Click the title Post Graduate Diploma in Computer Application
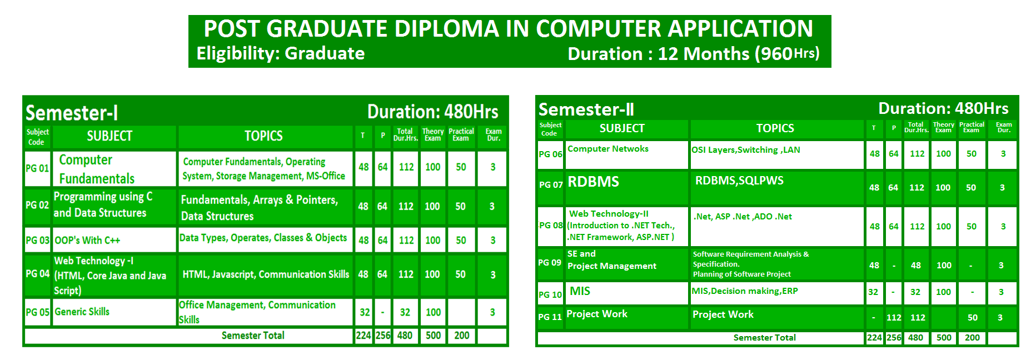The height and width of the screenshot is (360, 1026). pyautogui.click(x=509, y=28)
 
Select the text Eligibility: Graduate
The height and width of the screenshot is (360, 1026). pyautogui.click(x=281, y=53)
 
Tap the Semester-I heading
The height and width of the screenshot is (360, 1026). pyautogui.click(x=72, y=113)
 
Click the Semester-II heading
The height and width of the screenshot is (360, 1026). pyautogui.click(x=586, y=109)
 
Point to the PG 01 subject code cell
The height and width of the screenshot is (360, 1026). pyautogui.click(x=37, y=168)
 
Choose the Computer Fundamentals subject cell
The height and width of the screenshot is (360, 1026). pyautogui.click(x=114, y=168)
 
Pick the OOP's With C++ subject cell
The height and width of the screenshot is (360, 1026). pyautogui.click(x=114, y=240)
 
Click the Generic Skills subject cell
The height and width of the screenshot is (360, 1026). pyautogui.click(x=114, y=312)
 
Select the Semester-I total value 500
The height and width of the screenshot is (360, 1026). pyautogui.click(x=433, y=336)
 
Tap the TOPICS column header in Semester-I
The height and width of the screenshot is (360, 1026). pyautogui.click(x=264, y=136)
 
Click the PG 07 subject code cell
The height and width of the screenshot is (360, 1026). pyautogui.click(x=550, y=185)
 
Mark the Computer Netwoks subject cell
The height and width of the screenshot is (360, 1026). pyautogui.click(x=626, y=154)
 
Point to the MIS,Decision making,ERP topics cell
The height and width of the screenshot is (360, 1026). pyautogui.click(x=777, y=293)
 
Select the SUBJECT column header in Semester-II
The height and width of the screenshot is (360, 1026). pyautogui.click(x=626, y=128)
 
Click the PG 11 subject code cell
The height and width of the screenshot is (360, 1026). pyautogui.click(x=550, y=317)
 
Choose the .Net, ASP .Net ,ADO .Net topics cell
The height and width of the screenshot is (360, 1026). pyautogui.click(x=777, y=227)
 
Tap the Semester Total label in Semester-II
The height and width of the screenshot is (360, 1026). pyautogui.click(x=764, y=338)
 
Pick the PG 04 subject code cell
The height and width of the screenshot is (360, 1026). pyautogui.click(x=37, y=274)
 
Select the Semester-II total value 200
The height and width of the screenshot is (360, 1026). pyautogui.click(x=972, y=338)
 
